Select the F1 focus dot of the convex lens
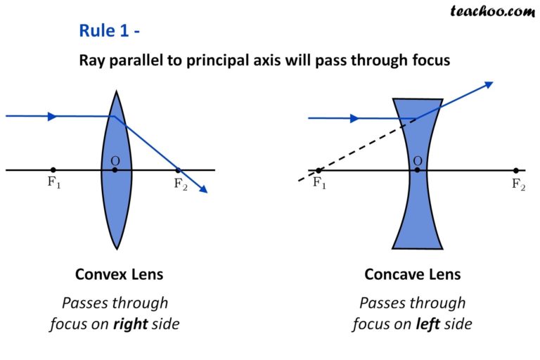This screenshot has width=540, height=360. point(53,170)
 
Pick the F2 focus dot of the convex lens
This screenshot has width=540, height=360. point(178,170)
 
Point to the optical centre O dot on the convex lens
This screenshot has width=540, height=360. point(115,170)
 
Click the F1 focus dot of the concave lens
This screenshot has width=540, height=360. point(319,170)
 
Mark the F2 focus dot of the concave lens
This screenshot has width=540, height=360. point(515,170)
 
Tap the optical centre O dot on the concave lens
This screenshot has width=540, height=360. point(417,170)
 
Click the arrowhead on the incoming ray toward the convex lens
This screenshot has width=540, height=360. point(52,116)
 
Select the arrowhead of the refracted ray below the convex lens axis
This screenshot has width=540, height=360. point(204,188)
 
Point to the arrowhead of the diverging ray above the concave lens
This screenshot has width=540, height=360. point(489,84)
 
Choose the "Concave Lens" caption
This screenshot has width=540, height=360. point(413,274)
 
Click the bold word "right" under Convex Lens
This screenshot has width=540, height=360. point(131,324)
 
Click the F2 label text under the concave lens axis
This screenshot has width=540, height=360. point(518,185)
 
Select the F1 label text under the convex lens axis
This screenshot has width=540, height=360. point(53,185)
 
